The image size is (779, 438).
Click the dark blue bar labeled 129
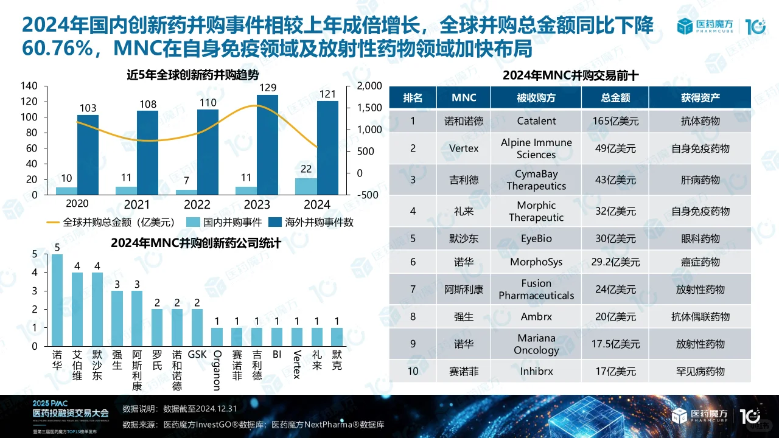click(267, 145)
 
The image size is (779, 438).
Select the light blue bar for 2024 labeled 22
click(306, 186)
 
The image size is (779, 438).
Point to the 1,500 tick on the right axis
click(369, 108)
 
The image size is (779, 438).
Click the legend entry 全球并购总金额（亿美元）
click(110, 223)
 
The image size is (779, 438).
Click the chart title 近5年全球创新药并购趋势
click(192, 75)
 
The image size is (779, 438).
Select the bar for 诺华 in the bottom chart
click(57, 300)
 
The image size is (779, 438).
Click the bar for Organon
click(217, 336)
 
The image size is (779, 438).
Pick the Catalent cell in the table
click(536, 121)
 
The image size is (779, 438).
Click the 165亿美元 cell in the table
click(615, 121)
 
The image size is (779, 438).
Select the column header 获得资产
click(700, 98)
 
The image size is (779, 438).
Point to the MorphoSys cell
click(536, 262)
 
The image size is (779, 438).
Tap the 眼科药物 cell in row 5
click(700, 238)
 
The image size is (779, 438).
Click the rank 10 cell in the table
click(413, 370)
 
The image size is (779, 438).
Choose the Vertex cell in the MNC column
click(464, 148)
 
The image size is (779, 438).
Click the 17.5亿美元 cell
click(615, 344)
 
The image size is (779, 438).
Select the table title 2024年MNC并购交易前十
click(570, 75)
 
